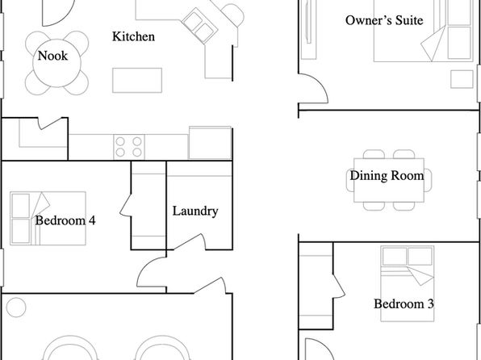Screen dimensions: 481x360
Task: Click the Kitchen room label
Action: point(133,36)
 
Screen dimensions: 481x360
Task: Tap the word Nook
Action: point(52,56)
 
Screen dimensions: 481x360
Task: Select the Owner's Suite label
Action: point(384,20)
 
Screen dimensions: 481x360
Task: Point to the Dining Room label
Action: point(387,175)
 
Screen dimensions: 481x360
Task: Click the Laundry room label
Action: point(195,211)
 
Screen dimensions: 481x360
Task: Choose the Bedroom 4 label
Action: point(65,220)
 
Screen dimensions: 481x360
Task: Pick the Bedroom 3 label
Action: point(404,303)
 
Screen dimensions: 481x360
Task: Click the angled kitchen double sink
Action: point(199,25)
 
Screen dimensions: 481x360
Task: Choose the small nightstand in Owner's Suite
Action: point(462,79)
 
